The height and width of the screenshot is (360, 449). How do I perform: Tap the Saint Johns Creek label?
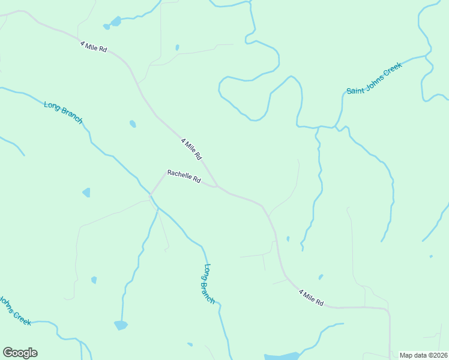[374, 78]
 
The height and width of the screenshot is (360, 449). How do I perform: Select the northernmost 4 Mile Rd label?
[93, 46]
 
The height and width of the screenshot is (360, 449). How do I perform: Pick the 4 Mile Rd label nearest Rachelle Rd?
[191, 149]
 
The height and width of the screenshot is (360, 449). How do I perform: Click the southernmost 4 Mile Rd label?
[312, 298]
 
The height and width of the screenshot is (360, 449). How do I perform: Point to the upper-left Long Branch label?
[63, 112]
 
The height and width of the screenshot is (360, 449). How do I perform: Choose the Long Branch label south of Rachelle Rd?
[209, 283]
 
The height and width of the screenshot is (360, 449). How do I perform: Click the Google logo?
[20, 353]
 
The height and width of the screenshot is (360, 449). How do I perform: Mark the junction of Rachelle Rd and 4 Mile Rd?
[217, 187]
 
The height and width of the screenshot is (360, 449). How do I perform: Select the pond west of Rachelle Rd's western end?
[86, 193]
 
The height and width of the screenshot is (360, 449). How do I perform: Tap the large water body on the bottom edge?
[281, 356]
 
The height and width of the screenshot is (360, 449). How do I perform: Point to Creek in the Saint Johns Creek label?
[392, 68]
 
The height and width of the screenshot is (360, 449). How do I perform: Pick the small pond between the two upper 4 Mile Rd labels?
[133, 124]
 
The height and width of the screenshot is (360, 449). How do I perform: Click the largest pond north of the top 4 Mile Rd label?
[115, 22]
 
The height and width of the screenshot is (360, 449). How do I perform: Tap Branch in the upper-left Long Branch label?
[71, 117]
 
